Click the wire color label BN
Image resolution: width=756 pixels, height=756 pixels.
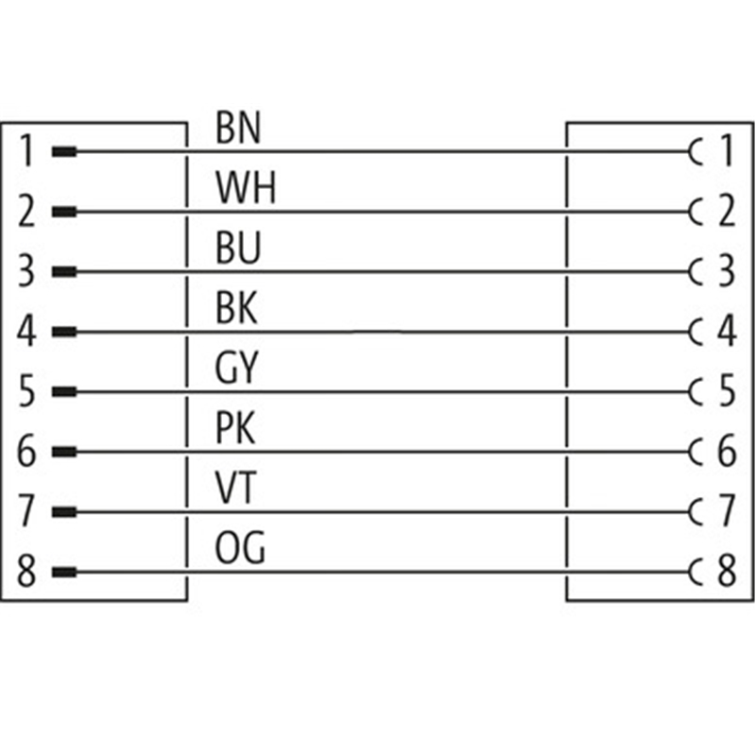click(x=237, y=129)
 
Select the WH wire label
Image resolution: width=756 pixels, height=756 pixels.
click(x=245, y=189)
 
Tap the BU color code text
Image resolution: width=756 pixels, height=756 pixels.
click(x=237, y=249)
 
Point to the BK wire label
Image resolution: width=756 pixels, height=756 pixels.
click(x=236, y=309)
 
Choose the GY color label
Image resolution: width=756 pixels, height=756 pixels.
click(x=237, y=369)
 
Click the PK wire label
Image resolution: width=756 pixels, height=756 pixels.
click(x=235, y=430)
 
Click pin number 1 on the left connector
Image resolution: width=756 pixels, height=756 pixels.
click(x=27, y=151)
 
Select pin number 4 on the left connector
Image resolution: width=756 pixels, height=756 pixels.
click(x=27, y=333)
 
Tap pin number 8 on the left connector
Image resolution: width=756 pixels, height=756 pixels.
click(x=27, y=574)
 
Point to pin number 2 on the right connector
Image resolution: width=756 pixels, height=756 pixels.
click(x=726, y=212)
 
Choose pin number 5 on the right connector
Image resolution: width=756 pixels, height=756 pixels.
click(x=726, y=392)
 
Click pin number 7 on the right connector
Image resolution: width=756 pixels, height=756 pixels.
click(x=726, y=513)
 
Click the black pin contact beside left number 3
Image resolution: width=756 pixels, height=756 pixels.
click(x=64, y=272)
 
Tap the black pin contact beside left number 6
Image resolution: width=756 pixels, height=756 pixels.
click(x=64, y=453)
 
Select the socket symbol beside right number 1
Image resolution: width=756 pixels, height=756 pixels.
click(x=697, y=151)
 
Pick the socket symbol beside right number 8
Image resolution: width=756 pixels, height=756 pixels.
click(x=697, y=574)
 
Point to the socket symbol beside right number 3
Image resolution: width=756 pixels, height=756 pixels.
click(x=697, y=272)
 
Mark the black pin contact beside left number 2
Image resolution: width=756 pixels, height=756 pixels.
click(x=64, y=212)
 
